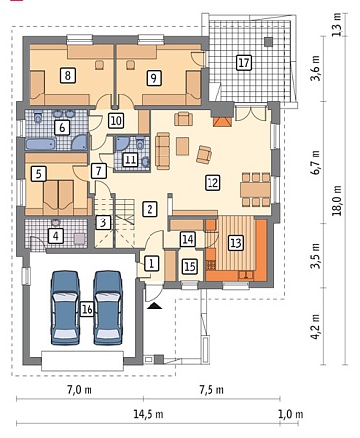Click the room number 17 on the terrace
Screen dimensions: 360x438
click(244, 62)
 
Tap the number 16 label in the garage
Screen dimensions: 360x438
click(88, 309)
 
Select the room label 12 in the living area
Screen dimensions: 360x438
click(212, 182)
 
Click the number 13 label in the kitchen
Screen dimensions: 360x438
click(236, 243)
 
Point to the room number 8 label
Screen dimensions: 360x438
click(68, 75)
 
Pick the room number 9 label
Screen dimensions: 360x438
click(153, 78)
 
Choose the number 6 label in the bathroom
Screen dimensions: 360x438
click(62, 127)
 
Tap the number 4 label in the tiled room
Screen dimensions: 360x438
click(55, 235)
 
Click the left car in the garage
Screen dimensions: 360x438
click(65, 308)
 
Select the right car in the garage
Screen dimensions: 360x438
click(108, 308)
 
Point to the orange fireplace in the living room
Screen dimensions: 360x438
click(222, 122)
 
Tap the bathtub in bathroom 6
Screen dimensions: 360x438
click(40, 144)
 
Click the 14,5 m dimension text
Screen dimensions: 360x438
click(149, 414)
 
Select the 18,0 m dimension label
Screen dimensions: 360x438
click(337, 201)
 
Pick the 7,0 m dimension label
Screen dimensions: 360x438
click(80, 390)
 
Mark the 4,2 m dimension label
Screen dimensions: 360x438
click(316, 327)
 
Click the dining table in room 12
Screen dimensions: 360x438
click(256, 189)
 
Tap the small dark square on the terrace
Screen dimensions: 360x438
click(269, 42)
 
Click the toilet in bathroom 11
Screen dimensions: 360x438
click(140, 143)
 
